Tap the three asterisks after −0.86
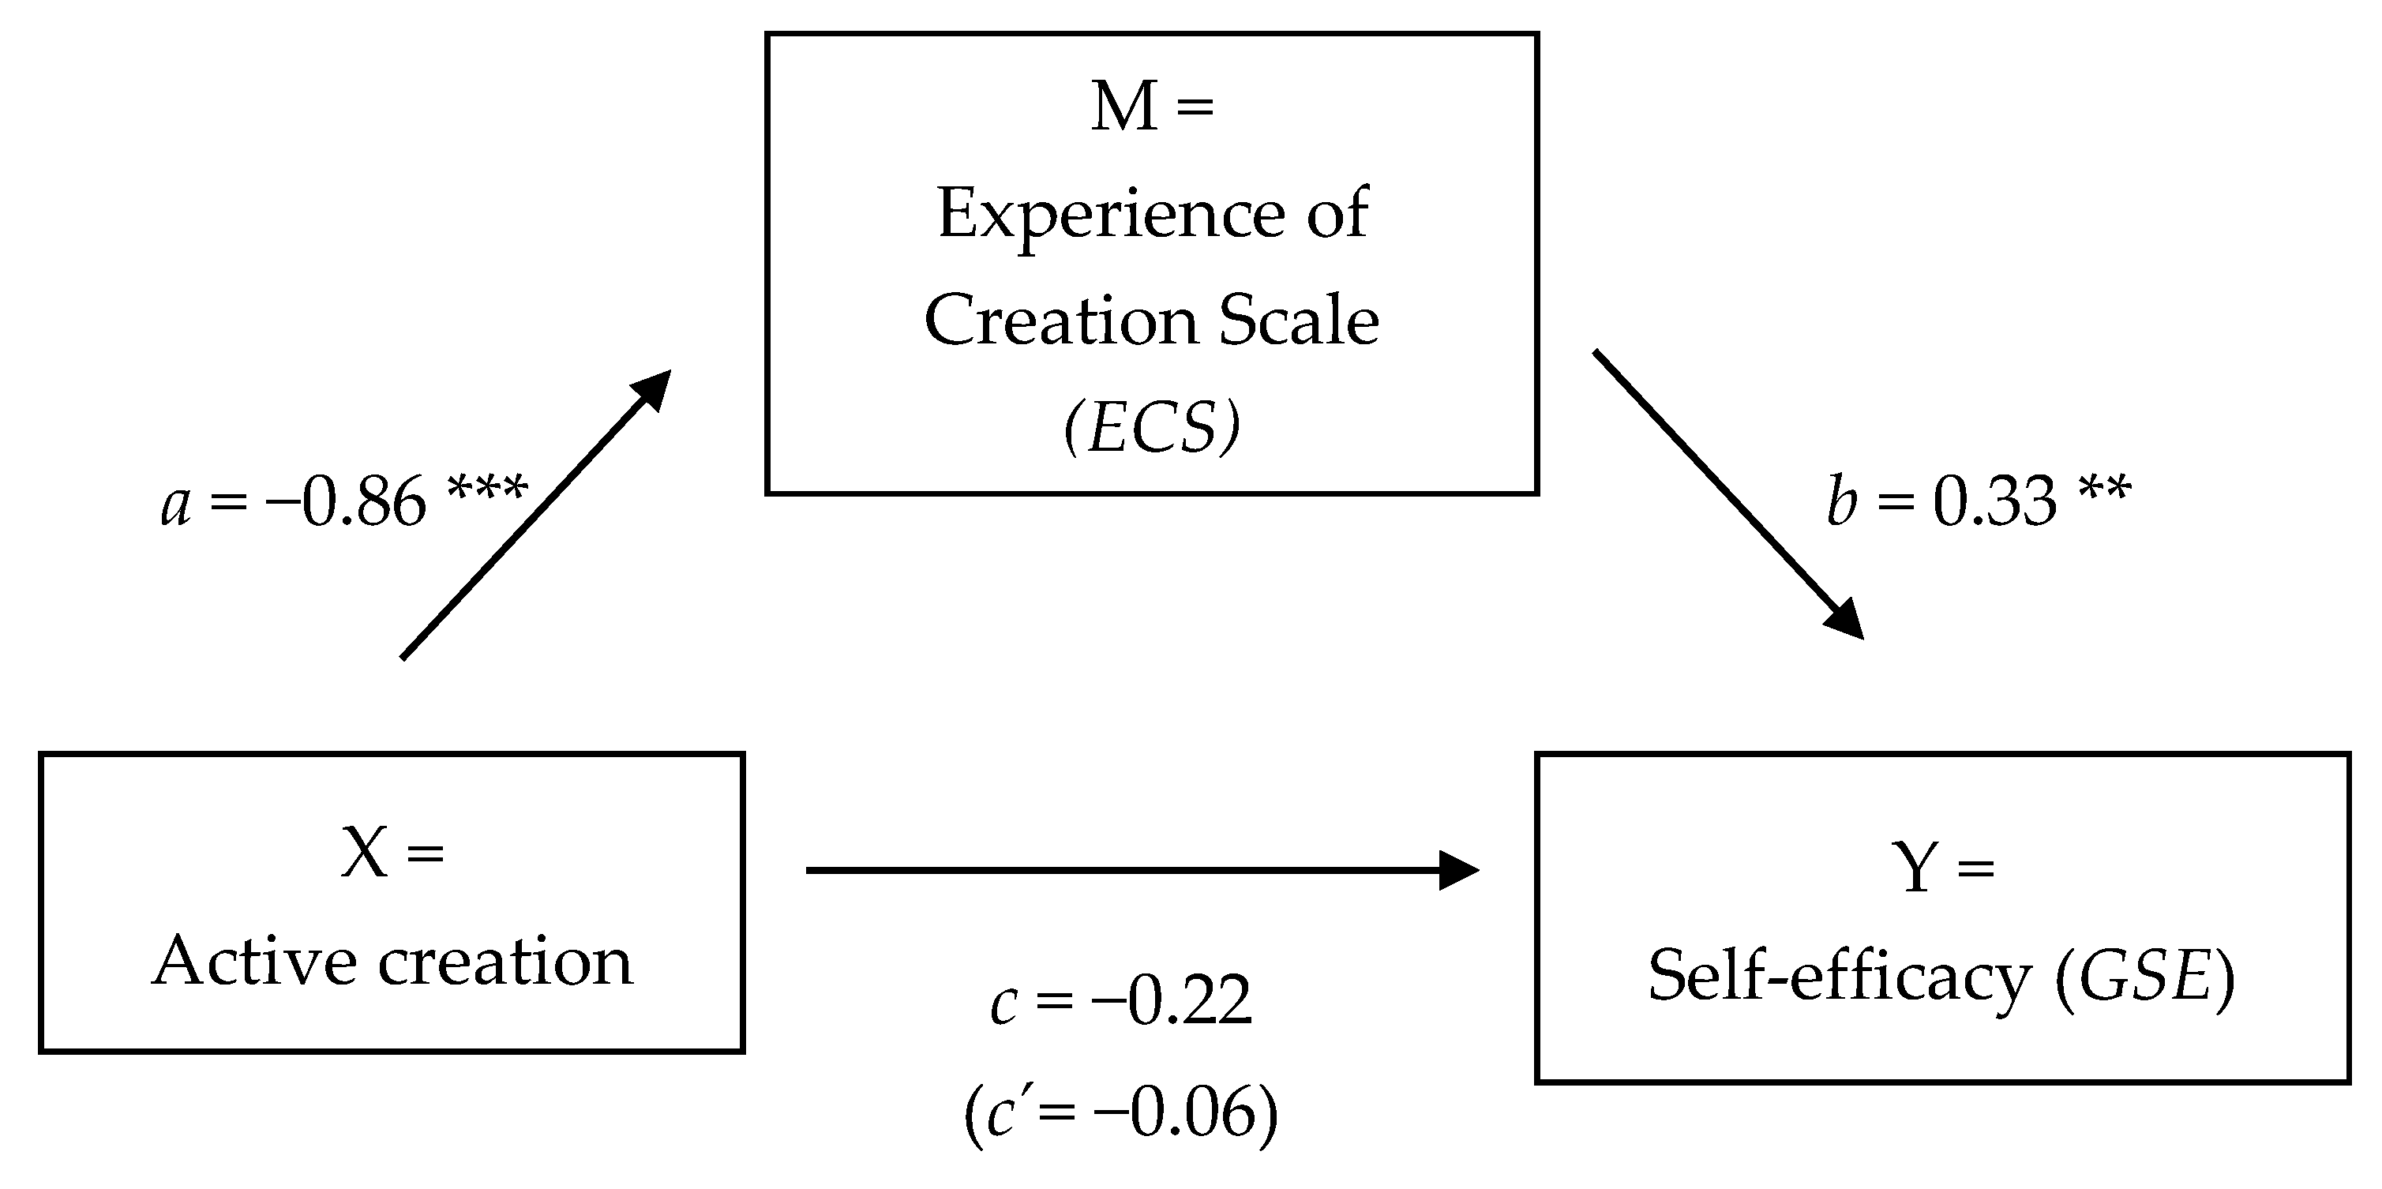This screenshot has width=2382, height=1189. tap(487, 487)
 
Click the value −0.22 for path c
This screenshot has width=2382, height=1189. tap(1172, 1001)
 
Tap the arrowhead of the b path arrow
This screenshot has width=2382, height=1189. tap(1844, 620)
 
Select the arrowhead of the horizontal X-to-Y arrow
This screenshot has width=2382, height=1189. tap(1458, 870)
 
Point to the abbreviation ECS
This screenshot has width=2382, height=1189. tap(1152, 429)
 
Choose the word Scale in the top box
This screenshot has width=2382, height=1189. tap(1300, 322)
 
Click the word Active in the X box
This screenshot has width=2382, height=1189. tap(254, 962)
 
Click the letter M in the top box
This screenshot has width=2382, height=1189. tap(1123, 107)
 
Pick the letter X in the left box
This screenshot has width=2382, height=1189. tap(363, 853)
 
